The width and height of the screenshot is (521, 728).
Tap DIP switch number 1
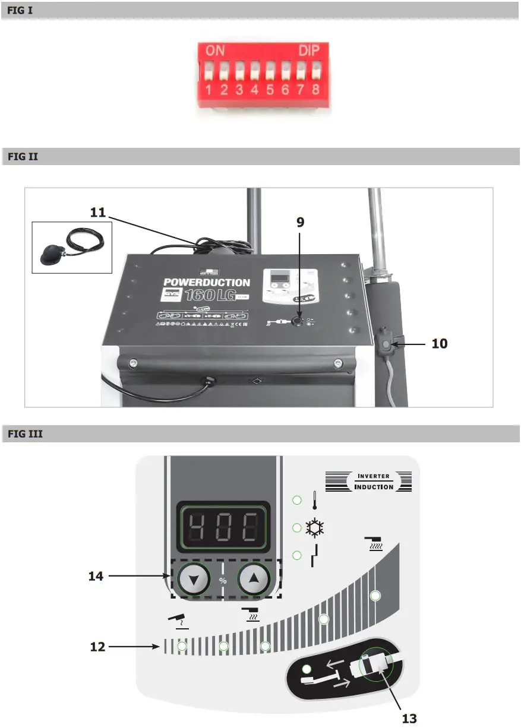(x=209, y=74)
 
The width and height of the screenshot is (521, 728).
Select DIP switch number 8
(x=315, y=74)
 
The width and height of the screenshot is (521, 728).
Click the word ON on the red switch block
(x=215, y=51)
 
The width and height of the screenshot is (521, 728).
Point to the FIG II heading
(x=22, y=157)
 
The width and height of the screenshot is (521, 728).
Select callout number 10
(x=440, y=343)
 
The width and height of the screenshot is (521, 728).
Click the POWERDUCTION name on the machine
(x=207, y=283)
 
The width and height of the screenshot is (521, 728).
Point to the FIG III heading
(x=24, y=435)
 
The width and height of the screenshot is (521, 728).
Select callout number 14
(x=96, y=575)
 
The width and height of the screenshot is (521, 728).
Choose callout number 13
(x=410, y=718)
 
